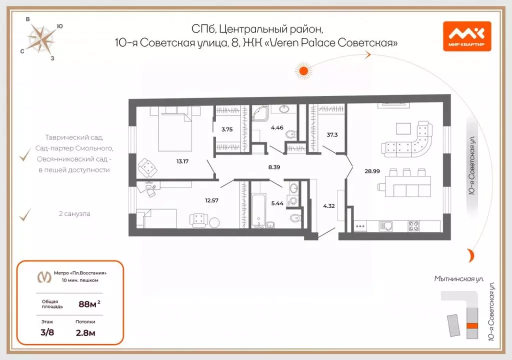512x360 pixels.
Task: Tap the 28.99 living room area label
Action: (x=372, y=171)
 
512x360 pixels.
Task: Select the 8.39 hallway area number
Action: (x=273, y=167)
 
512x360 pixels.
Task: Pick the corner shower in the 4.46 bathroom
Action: (x=260, y=114)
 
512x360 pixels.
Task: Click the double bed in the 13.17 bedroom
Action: (x=174, y=131)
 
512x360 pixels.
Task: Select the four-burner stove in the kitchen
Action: (x=414, y=225)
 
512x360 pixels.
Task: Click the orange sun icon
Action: (x=302, y=70)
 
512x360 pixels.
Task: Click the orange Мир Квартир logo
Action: (x=466, y=36)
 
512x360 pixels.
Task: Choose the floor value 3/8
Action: (x=48, y=332)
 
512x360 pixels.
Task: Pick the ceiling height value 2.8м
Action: (x=85, y=332)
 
